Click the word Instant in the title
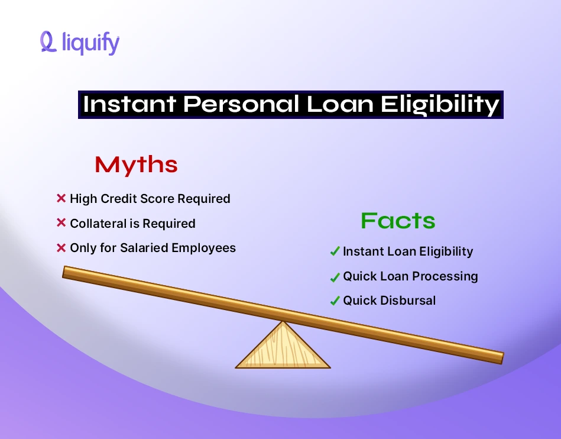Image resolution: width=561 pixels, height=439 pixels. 129,105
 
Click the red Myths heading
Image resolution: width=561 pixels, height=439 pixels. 136,164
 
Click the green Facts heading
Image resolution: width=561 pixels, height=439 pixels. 398,221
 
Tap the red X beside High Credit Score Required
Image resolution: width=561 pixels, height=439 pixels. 61,199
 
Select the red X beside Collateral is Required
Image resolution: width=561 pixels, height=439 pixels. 61,223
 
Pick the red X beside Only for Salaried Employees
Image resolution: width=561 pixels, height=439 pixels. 61,248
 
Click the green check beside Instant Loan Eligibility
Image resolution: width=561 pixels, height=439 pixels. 335,251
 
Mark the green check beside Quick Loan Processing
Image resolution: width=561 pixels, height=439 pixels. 335,276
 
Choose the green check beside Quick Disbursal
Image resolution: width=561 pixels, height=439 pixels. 335,301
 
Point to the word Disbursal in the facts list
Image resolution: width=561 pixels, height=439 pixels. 407,301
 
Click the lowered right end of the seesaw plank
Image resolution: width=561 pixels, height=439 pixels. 497,357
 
